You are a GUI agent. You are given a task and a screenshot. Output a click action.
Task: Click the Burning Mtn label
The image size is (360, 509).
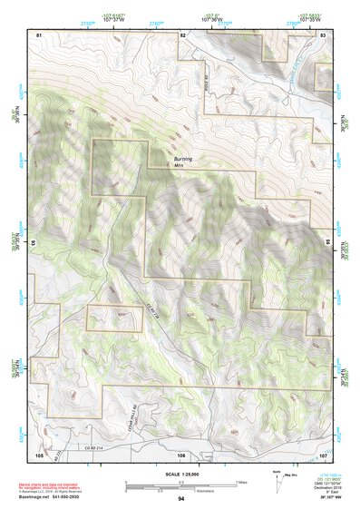[x=183, y=161]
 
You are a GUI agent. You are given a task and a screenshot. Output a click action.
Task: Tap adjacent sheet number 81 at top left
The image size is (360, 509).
[x=39, y=34]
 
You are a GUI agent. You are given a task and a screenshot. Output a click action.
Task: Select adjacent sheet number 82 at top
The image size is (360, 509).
[x=182, y=34]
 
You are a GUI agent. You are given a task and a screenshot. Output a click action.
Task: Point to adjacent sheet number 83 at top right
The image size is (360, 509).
[x=324, y=34]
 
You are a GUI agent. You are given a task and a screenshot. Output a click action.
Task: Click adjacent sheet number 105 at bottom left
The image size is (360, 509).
[x=39, y=454]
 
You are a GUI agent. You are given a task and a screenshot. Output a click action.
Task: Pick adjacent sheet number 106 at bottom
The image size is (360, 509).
[x=181, y=454]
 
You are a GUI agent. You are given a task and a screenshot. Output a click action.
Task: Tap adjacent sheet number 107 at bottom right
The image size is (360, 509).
[x=324, y=454]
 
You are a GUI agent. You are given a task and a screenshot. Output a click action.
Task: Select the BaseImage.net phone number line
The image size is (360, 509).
[x=56, y=497]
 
